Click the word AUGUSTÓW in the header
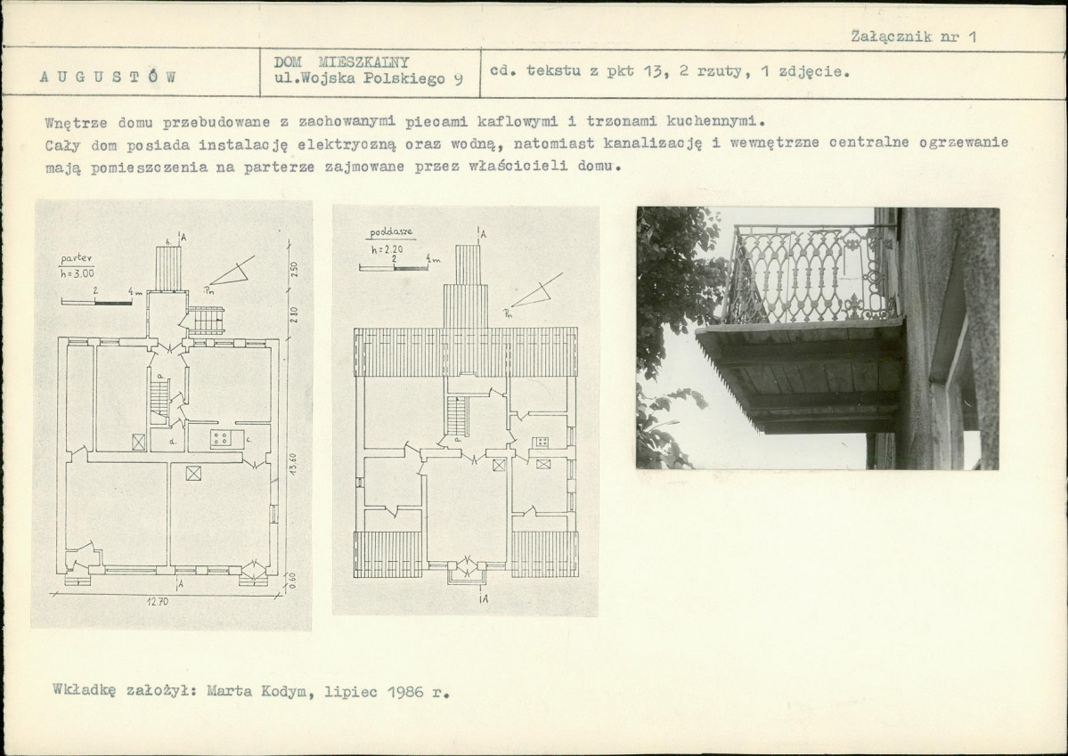pyautogui.click(x=109, y=77)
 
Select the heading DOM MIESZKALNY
pyautogui.click(x=341, y=62)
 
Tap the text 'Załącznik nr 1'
pyautogui.click(x=913, y=37)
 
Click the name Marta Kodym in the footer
pyautogui.click(x=260, y=692)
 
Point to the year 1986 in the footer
pyautogui.click(x=406, y=692)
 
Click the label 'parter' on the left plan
pyautogui.click(x=77, y=259)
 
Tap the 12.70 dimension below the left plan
pyautogui.click(x=158, y=602)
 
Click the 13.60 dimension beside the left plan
pyautogui.click(x=293, y=464)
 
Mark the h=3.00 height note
pyautogui.click(x=77, y=273)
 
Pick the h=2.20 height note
pyautogui.click(x=387, y=249)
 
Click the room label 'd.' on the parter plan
pyautogui.click(x=174, y=442)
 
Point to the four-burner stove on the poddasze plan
pyautogui.click(x=542, y=442)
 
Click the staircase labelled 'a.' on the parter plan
pyautogui.click(x=159, y=399)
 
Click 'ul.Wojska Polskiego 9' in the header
pyautogui.click(x=369, y=78)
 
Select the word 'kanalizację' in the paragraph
pyautogui.click(x=653, y=143)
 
